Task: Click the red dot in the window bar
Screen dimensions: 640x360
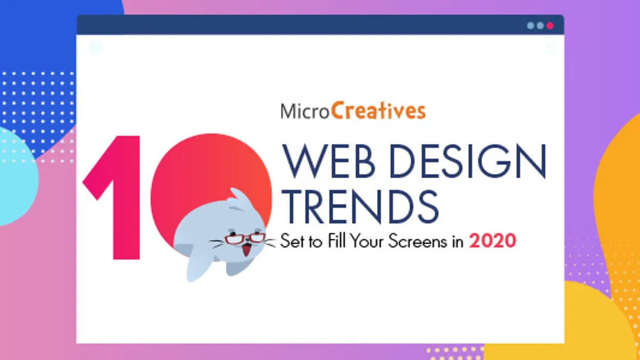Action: click(550, 26)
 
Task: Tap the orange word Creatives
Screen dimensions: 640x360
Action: click(378, 110)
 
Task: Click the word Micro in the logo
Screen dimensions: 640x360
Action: click(305, 111)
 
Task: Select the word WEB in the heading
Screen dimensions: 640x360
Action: click(329, 161)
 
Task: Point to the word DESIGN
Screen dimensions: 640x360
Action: click(468, 161)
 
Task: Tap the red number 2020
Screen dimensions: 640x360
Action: click(492, 241)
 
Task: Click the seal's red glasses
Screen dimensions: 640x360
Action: click(245, 238)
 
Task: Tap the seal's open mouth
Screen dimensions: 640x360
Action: click(246, 250)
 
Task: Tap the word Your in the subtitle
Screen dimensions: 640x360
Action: click(367, 241)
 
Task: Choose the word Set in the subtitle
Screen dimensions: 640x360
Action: click(292, 241)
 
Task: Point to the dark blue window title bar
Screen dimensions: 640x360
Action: click(320, 25)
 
